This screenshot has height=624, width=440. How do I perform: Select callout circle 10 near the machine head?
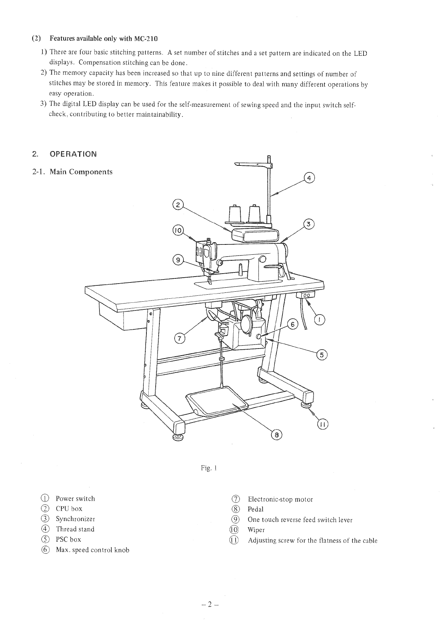(178, 230)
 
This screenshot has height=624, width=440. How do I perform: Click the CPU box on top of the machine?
(255, 235)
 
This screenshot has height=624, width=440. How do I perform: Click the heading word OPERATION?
(73, 154)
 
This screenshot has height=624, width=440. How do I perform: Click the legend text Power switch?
(75, 498)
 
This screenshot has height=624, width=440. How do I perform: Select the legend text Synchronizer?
(75, 519)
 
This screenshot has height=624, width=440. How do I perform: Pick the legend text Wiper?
(256, 530)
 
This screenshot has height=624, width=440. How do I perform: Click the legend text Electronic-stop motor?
(280, 500)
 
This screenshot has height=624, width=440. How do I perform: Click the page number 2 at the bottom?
(209, 604)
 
